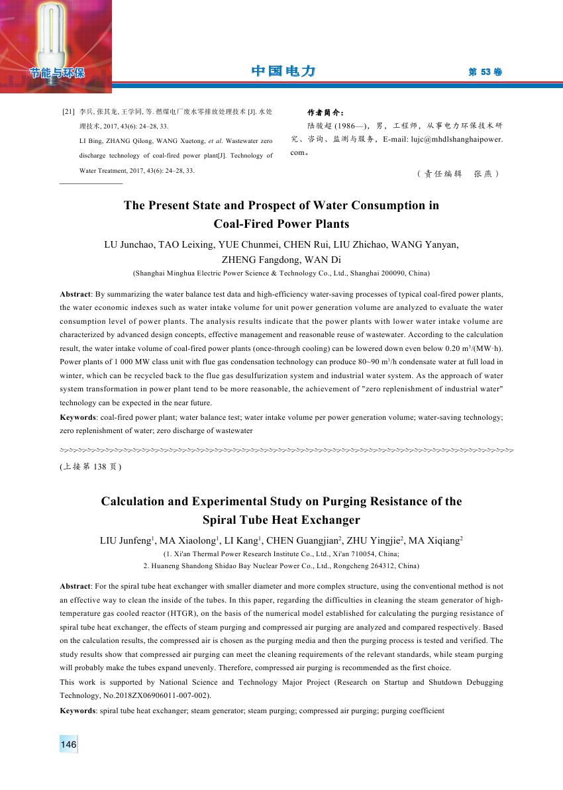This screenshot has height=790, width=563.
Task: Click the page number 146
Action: (x=68, y=745)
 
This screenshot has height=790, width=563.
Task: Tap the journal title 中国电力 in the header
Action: (x=283, y=72)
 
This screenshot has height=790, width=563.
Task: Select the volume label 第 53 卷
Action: (x=485, y=72)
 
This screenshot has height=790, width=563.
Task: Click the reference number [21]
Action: (x=68, y=112)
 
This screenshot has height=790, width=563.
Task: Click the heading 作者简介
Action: (x=326, y=112)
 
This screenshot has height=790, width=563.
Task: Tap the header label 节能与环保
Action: (x=56, y=73)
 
